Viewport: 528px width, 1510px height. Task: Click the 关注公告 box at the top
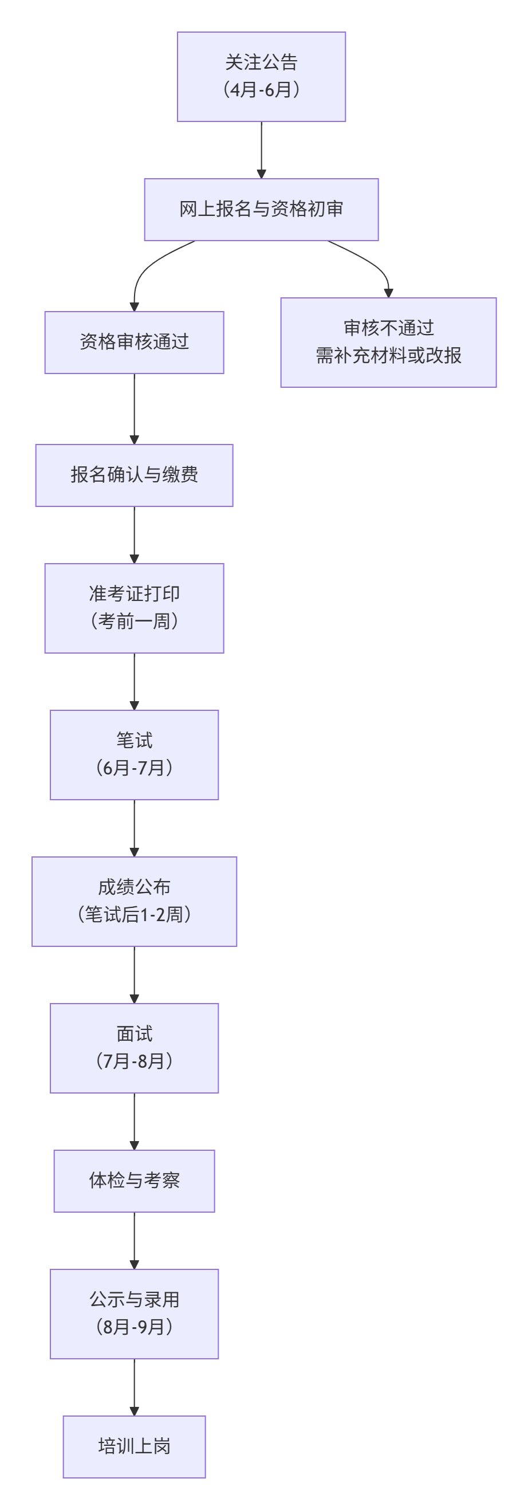click(x=261, y=76)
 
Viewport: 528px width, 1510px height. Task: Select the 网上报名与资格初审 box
click(x=261, y=209)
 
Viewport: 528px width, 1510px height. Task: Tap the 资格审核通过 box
click(x=134, y=342)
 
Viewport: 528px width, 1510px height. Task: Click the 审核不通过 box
click(x=388, y=342)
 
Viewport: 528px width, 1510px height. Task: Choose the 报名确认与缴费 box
click(x=134, y=475)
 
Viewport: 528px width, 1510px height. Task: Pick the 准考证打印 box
click(x=134, y=608)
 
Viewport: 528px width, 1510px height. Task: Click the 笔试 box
click(x=134, y=754)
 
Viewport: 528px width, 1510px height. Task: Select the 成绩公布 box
click(x=134, y=901)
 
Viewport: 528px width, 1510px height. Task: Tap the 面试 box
click(x=134, y=1048)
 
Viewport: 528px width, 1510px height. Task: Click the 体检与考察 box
click(x=134, y=1181)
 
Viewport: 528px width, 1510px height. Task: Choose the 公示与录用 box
click(x=134, y=1314)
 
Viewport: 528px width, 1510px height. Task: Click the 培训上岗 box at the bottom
click(x=134, y=1446)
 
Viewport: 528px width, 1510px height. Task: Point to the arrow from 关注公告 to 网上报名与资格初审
click(x=261, y=150)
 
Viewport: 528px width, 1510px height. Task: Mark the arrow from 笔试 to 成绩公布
click(x=134, y=828)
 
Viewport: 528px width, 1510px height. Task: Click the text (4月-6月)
click(x=261, y=90)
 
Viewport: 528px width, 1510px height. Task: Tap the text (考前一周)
click(x=134, y=622)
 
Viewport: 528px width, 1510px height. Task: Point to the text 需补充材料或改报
click(x=388, y=355)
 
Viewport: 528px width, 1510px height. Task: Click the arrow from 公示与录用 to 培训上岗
click(x=134, y=1386)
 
